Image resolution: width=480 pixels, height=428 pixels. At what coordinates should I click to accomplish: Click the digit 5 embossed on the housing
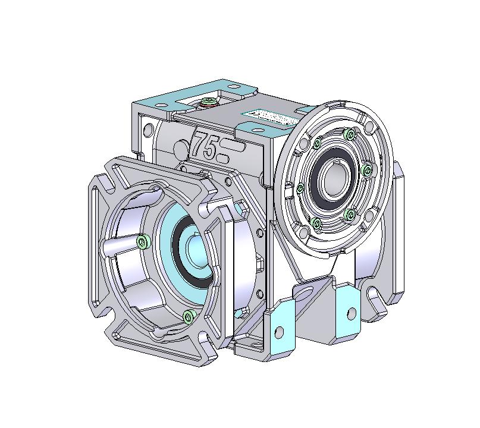coord(209,148)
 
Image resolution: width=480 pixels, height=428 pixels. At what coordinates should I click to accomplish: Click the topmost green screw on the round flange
coord(347,136)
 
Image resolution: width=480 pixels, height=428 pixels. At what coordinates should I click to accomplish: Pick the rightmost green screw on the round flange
coord(367,171)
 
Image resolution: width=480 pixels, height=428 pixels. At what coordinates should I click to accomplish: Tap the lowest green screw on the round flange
coord(316,224)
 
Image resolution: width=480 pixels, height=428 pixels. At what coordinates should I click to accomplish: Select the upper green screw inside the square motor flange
coord(142,241)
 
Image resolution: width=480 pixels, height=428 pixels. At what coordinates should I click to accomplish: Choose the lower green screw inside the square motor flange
coord(189,314)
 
